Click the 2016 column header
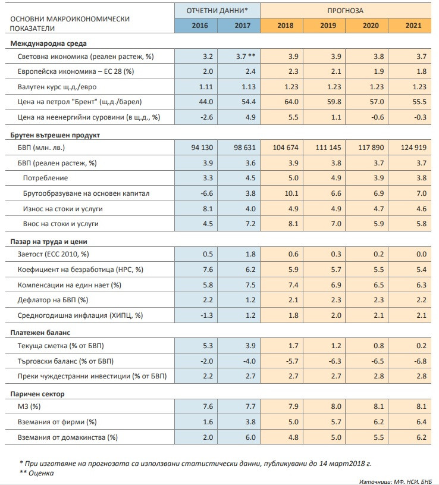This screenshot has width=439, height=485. coord(196,26)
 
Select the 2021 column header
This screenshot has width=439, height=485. coord(413,26)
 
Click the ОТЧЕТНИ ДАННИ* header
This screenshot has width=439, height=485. coord(217,10)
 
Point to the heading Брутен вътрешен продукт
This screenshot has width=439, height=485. coord(55,134)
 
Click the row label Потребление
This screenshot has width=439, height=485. coord(45,178)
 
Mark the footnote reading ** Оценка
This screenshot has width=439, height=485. coord(36,474)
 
